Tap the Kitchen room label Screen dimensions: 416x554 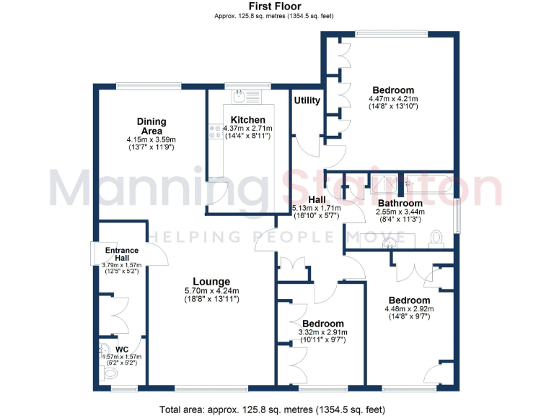coord(247,120)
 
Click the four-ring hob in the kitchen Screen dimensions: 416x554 coord(216,131)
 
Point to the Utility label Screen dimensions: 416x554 coord(307,100)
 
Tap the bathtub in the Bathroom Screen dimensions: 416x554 coord(428,183)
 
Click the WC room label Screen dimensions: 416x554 coord(122,350)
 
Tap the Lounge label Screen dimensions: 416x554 coord(211,282)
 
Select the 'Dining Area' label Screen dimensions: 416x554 coord(152,126)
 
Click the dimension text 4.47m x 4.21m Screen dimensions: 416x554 coord(393,99)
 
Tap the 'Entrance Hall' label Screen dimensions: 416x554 coord(122,254)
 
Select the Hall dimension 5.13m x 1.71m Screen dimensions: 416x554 coord(316,208)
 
